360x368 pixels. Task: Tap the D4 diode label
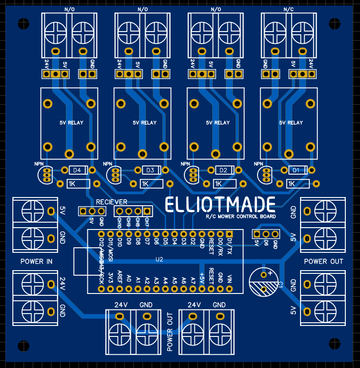click(x=77, y=171)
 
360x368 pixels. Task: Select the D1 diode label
click(x=296, y=170)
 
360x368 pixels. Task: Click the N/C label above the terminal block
click(x=289, y=9)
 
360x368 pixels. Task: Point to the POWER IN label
click(x=36, y=261)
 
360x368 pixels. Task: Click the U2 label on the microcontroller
click(x=159, y=260)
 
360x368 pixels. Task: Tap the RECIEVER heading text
click(x=112, y=202)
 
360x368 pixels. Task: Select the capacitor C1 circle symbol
click(x=263, y=282)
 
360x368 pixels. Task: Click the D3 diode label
click(x=150, y=171)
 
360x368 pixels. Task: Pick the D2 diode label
click(x=223, y=171)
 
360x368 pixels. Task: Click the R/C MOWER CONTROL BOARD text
click(x=241, y=216)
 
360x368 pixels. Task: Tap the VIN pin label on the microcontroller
click(x=229, y=278)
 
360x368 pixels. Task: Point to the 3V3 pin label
click(x=110, y=278)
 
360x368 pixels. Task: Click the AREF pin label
click(x=119, y=277)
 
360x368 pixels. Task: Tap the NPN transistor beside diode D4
click(x=45, y=174)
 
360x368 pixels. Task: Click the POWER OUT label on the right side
click(x=323, y=261)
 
